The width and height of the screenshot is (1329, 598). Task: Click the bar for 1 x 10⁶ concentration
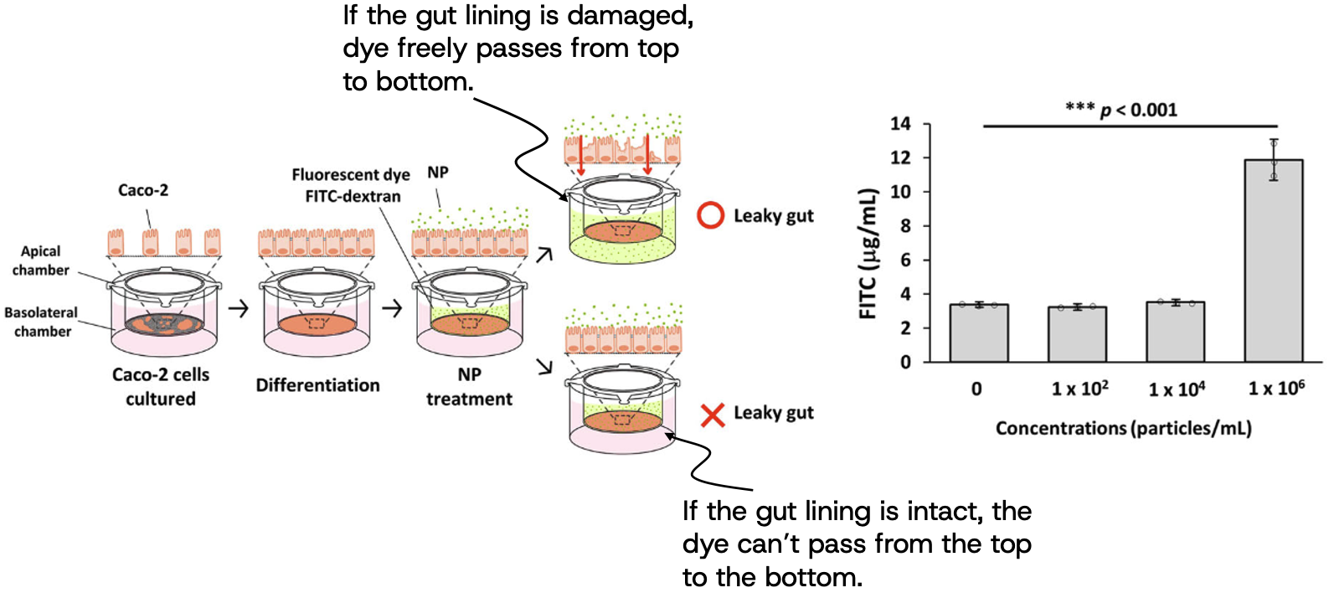pos(1273,261)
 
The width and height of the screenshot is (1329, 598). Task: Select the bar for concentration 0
pos(978,333)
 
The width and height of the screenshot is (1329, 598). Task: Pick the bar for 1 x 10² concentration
pos(1077,335)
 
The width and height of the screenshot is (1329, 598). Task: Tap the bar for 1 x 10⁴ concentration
pos(1175,333)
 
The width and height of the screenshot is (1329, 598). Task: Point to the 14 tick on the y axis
pos(900,124)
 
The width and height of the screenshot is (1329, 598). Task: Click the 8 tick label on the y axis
pos(905,226)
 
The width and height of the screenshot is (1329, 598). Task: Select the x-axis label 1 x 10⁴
pos(1176,389)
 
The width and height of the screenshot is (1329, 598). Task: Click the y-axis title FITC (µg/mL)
pos(869,254)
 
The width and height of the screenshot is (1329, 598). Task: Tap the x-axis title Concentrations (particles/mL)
pos(1123,429)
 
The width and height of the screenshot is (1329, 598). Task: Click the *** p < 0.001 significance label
pos(1121,110)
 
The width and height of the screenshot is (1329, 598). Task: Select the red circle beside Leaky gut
pos(710,215)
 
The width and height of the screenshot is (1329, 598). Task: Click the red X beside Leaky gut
pos(712,415)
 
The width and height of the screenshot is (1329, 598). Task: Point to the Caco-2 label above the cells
pos(143,190)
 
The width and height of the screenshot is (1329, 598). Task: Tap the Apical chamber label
pos(40,260)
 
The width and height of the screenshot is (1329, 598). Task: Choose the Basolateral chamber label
pos(41,322)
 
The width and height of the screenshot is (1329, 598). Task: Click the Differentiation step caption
pos(317,385)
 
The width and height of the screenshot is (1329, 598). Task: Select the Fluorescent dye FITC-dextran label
pos(351,185)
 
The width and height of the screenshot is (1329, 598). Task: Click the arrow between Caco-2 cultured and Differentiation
pos(239,309)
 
